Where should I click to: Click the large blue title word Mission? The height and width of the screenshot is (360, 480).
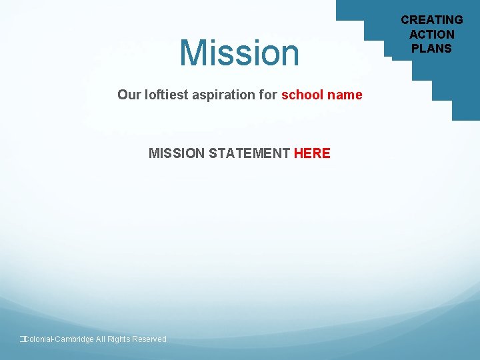pyautogui.click(x=240, y=53)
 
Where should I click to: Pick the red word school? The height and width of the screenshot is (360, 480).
pyautogui.click(x=303, y=95)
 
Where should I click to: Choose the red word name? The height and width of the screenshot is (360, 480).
pyautogui.click(x=345, y=95)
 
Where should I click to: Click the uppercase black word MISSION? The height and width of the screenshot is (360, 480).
pyautogui.click(x=177, y=153)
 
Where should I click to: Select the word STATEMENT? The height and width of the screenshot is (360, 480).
pyautogui.click(x=249, y=153)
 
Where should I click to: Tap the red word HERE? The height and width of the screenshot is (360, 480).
pyautogui.click(x=312, y=153)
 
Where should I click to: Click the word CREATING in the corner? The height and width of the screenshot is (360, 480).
pyautogui.click(x=432, y=20)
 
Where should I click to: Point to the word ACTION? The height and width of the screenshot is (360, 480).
pyautogui.click(x=432, y=34)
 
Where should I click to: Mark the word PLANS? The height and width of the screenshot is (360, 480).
pyautogui.click(x=432, y=48)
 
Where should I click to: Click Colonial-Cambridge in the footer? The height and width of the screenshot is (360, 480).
pyautogui.click(x=59, y=339)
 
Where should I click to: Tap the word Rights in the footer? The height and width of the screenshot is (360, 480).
pyautogui.click(x=119, y=339)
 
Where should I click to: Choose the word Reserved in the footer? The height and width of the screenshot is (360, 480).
pyautogui.click(x=149, y=339)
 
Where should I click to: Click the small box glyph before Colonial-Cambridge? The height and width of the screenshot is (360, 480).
pyautogui.click(x=22, y=339)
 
